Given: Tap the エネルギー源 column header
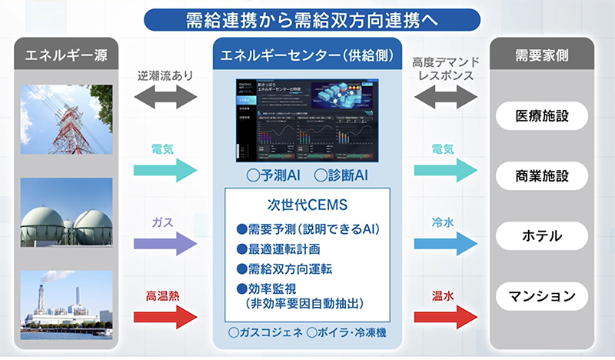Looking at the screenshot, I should [x=68, y=56].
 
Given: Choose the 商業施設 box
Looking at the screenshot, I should [x=543, y=175].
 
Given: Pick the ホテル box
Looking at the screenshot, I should [x=543, y=235].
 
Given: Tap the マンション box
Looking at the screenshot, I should [x=543, y=295].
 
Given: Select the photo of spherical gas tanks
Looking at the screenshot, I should [x=68, y=218].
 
